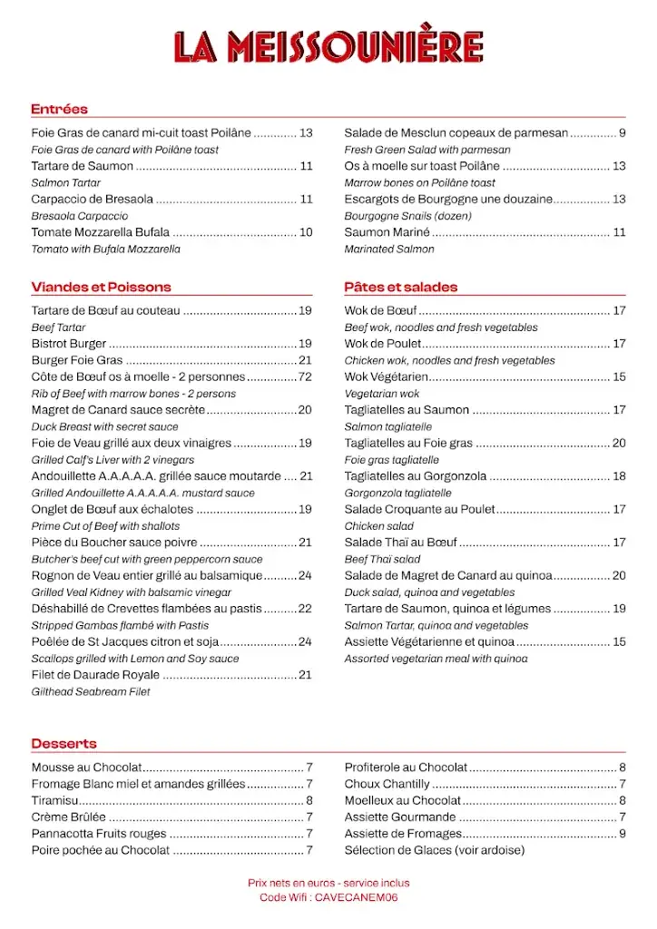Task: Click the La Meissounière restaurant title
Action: [x=328, y=47]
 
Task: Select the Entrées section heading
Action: [x=59, y=109]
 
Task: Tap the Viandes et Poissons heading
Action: [x=101, y=287]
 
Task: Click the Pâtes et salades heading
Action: [x=400, y=287]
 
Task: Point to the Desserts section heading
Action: [x=64, y=744]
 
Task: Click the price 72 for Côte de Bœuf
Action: [x=305, y=376]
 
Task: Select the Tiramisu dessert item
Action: [x=55, y=800]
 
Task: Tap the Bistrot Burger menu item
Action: [x=69, y=344]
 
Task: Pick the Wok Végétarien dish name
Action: [x=386, y=376]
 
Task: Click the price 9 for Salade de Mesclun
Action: [x=623, y=133]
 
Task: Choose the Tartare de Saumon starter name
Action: [x=82, y=166]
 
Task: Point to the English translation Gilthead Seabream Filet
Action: [x=91, y=691]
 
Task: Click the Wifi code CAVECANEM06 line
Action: [x=328, y=897]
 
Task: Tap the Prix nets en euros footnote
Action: [x=328, y=883]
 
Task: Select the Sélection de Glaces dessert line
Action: [x=434, y=850]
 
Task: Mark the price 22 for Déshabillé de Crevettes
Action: [x=305, y=608]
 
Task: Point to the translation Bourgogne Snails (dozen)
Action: [x=401, y=216]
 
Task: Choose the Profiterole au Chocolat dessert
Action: [x=406, y=767]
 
